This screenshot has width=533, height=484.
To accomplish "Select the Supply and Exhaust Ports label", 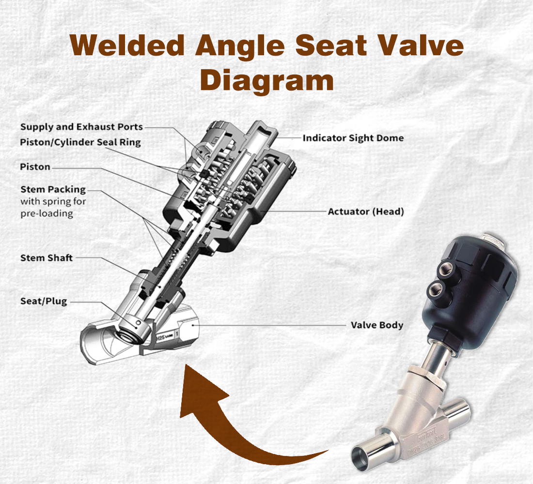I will [81, 127].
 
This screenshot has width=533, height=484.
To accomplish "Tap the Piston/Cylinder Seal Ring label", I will [80, 142].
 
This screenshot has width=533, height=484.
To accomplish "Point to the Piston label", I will [35, 167].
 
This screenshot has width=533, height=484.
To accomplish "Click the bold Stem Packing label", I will [53, 189].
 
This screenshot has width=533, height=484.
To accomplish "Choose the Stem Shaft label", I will [46, 258].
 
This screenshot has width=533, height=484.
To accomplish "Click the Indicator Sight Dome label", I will [353, 138].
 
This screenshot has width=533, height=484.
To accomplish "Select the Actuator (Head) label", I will [365, 212].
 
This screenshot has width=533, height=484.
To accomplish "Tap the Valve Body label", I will [376, 325].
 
